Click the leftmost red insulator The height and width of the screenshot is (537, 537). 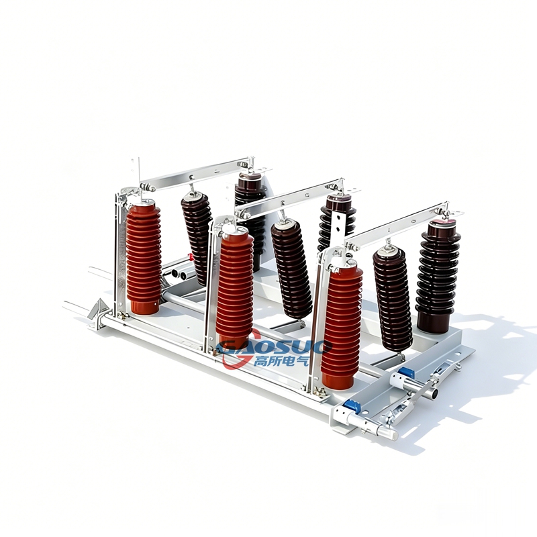tap(144, 257)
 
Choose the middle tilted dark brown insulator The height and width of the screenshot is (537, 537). tap(292, 269)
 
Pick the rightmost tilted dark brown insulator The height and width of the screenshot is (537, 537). tap(393, 299)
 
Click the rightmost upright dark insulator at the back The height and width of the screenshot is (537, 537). tap(438, 276)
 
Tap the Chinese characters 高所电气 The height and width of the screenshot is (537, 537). tap(281, 360)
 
